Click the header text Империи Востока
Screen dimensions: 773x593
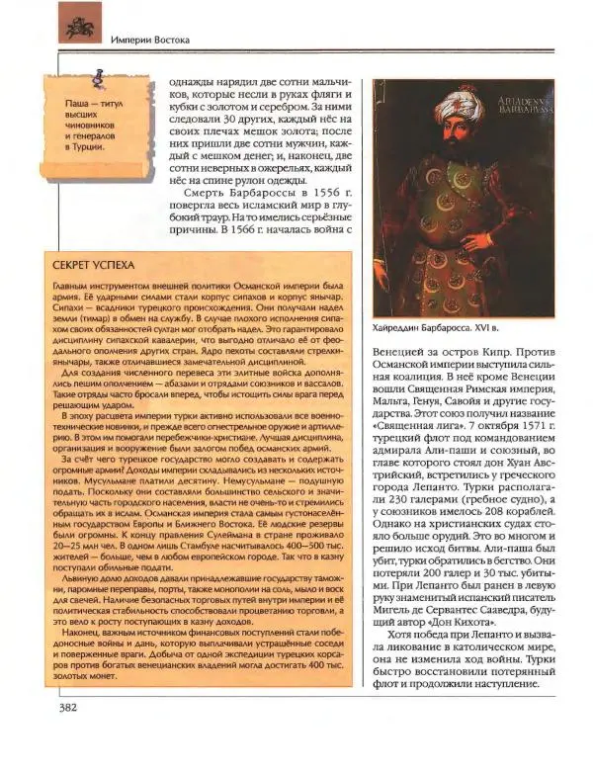pyautogui.click(x=148, y=40)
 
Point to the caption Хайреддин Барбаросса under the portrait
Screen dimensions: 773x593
pyautogui.click(x=443, y=326)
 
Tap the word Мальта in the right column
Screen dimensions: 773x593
pyautogui.click(x=395, y=417)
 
